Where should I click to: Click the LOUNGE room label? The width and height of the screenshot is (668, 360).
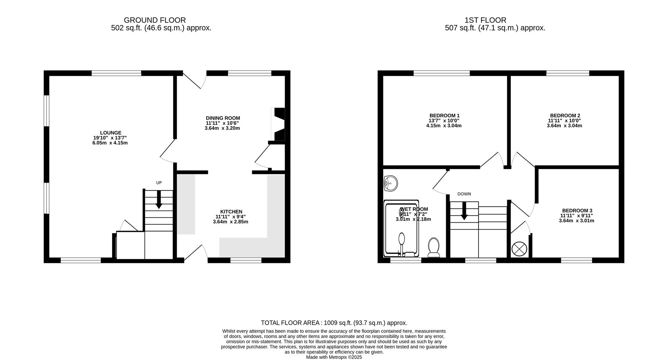point(111,133)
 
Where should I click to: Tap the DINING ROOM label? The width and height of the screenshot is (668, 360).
point(223,118)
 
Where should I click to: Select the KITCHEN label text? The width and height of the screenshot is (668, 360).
point(231,211)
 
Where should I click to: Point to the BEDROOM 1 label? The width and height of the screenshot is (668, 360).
point(444,115)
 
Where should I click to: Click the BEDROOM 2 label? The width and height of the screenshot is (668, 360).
point(565,115)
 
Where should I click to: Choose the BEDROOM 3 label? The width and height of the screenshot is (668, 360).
point(577,210)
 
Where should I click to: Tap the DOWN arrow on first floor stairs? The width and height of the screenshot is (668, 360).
point(464,211)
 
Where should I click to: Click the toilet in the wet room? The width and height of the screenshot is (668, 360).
point(434,247)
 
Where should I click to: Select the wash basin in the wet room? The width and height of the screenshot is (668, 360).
point(391,183)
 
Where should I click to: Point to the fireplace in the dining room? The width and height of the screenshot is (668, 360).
point(279,124)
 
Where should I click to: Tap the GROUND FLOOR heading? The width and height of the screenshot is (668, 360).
point(154,20)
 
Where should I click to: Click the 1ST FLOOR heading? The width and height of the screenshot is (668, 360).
point(485,20)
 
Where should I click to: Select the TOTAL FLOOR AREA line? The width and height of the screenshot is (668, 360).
point(334,323)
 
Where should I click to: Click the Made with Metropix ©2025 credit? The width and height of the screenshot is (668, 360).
point(334,357)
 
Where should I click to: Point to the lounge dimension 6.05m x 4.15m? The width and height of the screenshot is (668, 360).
point(110,143)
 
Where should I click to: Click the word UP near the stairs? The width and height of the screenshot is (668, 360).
point(159,183)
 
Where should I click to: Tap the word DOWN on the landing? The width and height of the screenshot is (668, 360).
point(464,194)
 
